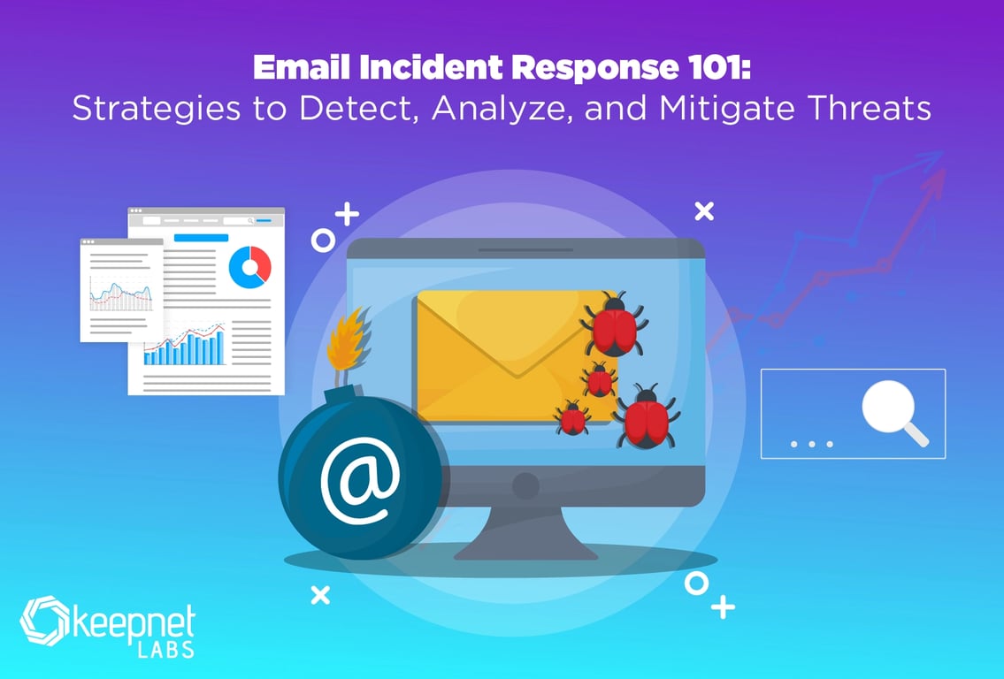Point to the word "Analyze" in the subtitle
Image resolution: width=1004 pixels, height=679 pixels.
coord(503,108)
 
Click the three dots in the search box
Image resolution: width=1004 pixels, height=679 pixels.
coord(812,444)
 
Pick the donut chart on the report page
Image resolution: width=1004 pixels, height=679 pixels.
coord(249,267)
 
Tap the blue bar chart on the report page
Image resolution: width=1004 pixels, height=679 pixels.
coord(184,347)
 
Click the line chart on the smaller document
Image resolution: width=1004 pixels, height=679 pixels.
coord(121,294)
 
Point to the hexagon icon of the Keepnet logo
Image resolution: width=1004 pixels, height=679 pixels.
coord(44,621)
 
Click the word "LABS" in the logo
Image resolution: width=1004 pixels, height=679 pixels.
coord(165,649)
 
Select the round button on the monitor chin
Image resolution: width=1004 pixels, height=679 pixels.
coord(525,486)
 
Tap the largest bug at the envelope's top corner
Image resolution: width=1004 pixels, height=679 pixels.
coord(613,324)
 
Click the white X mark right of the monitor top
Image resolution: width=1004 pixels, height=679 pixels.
coord(704,211)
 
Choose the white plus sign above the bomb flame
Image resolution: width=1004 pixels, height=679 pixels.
coord(347,214)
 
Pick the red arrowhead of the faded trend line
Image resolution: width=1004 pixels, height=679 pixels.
coord(936,181)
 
